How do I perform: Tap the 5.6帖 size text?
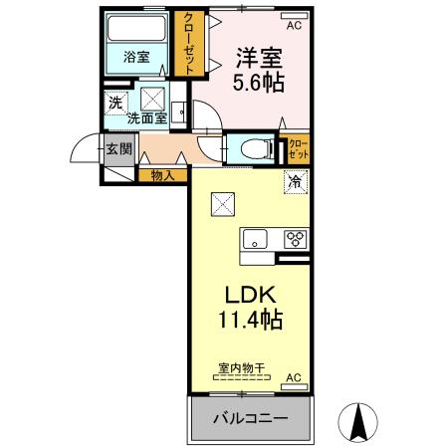click(258, 84)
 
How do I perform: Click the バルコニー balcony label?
click(250, 419)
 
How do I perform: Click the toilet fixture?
click(255, 146)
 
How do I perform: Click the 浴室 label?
click(136, 57)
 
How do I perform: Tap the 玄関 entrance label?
click(118, 150)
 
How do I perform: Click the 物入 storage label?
click(162, 176)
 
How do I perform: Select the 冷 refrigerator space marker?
click(294, 181)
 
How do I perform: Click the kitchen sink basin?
click(254, 240)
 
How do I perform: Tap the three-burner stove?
click(296, 239)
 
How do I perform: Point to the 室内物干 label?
click(242, 367)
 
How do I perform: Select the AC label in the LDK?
click(293, 378)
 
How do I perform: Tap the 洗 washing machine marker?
click(115, 102)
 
